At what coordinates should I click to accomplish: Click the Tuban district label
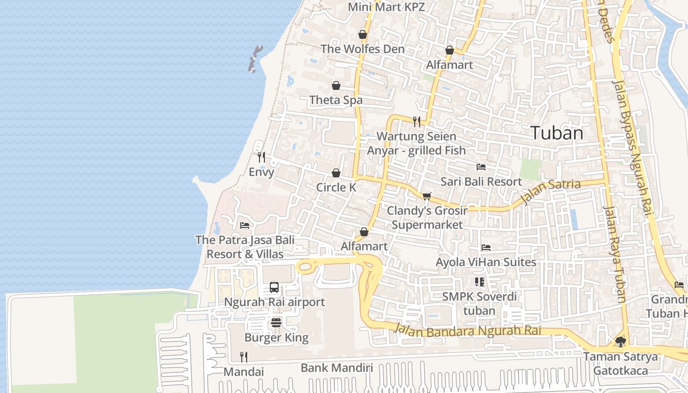click(557, 133)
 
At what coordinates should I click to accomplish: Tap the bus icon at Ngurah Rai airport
click(274, 287)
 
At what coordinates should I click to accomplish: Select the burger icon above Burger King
click(276, 323)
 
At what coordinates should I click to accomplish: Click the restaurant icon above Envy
click(261, 157)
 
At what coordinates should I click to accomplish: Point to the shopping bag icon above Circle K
click(336, 173)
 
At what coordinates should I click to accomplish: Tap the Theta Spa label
click(336, 100)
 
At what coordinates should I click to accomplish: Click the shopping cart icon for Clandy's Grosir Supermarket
click(427, 196)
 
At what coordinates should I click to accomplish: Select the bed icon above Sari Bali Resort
click(481, 167)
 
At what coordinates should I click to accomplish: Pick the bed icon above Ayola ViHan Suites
click(486, 248)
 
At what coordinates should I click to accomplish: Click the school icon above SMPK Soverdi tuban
click(479, 282)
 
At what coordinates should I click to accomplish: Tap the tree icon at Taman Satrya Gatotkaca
click(621, 341)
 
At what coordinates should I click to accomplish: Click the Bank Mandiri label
click(337, 367)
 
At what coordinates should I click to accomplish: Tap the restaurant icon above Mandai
click(243, 357)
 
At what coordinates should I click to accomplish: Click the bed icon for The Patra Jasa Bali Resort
click(245, 225)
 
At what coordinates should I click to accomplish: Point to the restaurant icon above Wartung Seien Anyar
click(417, 121)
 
